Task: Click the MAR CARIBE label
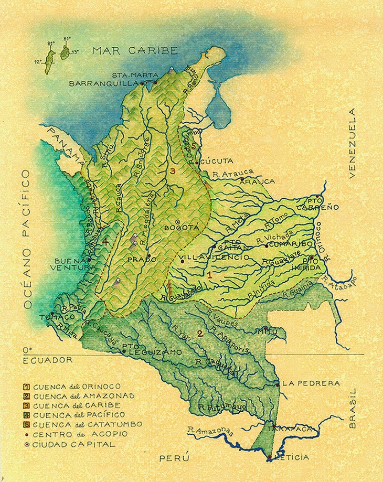(135, 50)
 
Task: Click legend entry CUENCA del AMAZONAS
(80, 395)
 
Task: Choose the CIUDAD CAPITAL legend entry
(70, 444)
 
